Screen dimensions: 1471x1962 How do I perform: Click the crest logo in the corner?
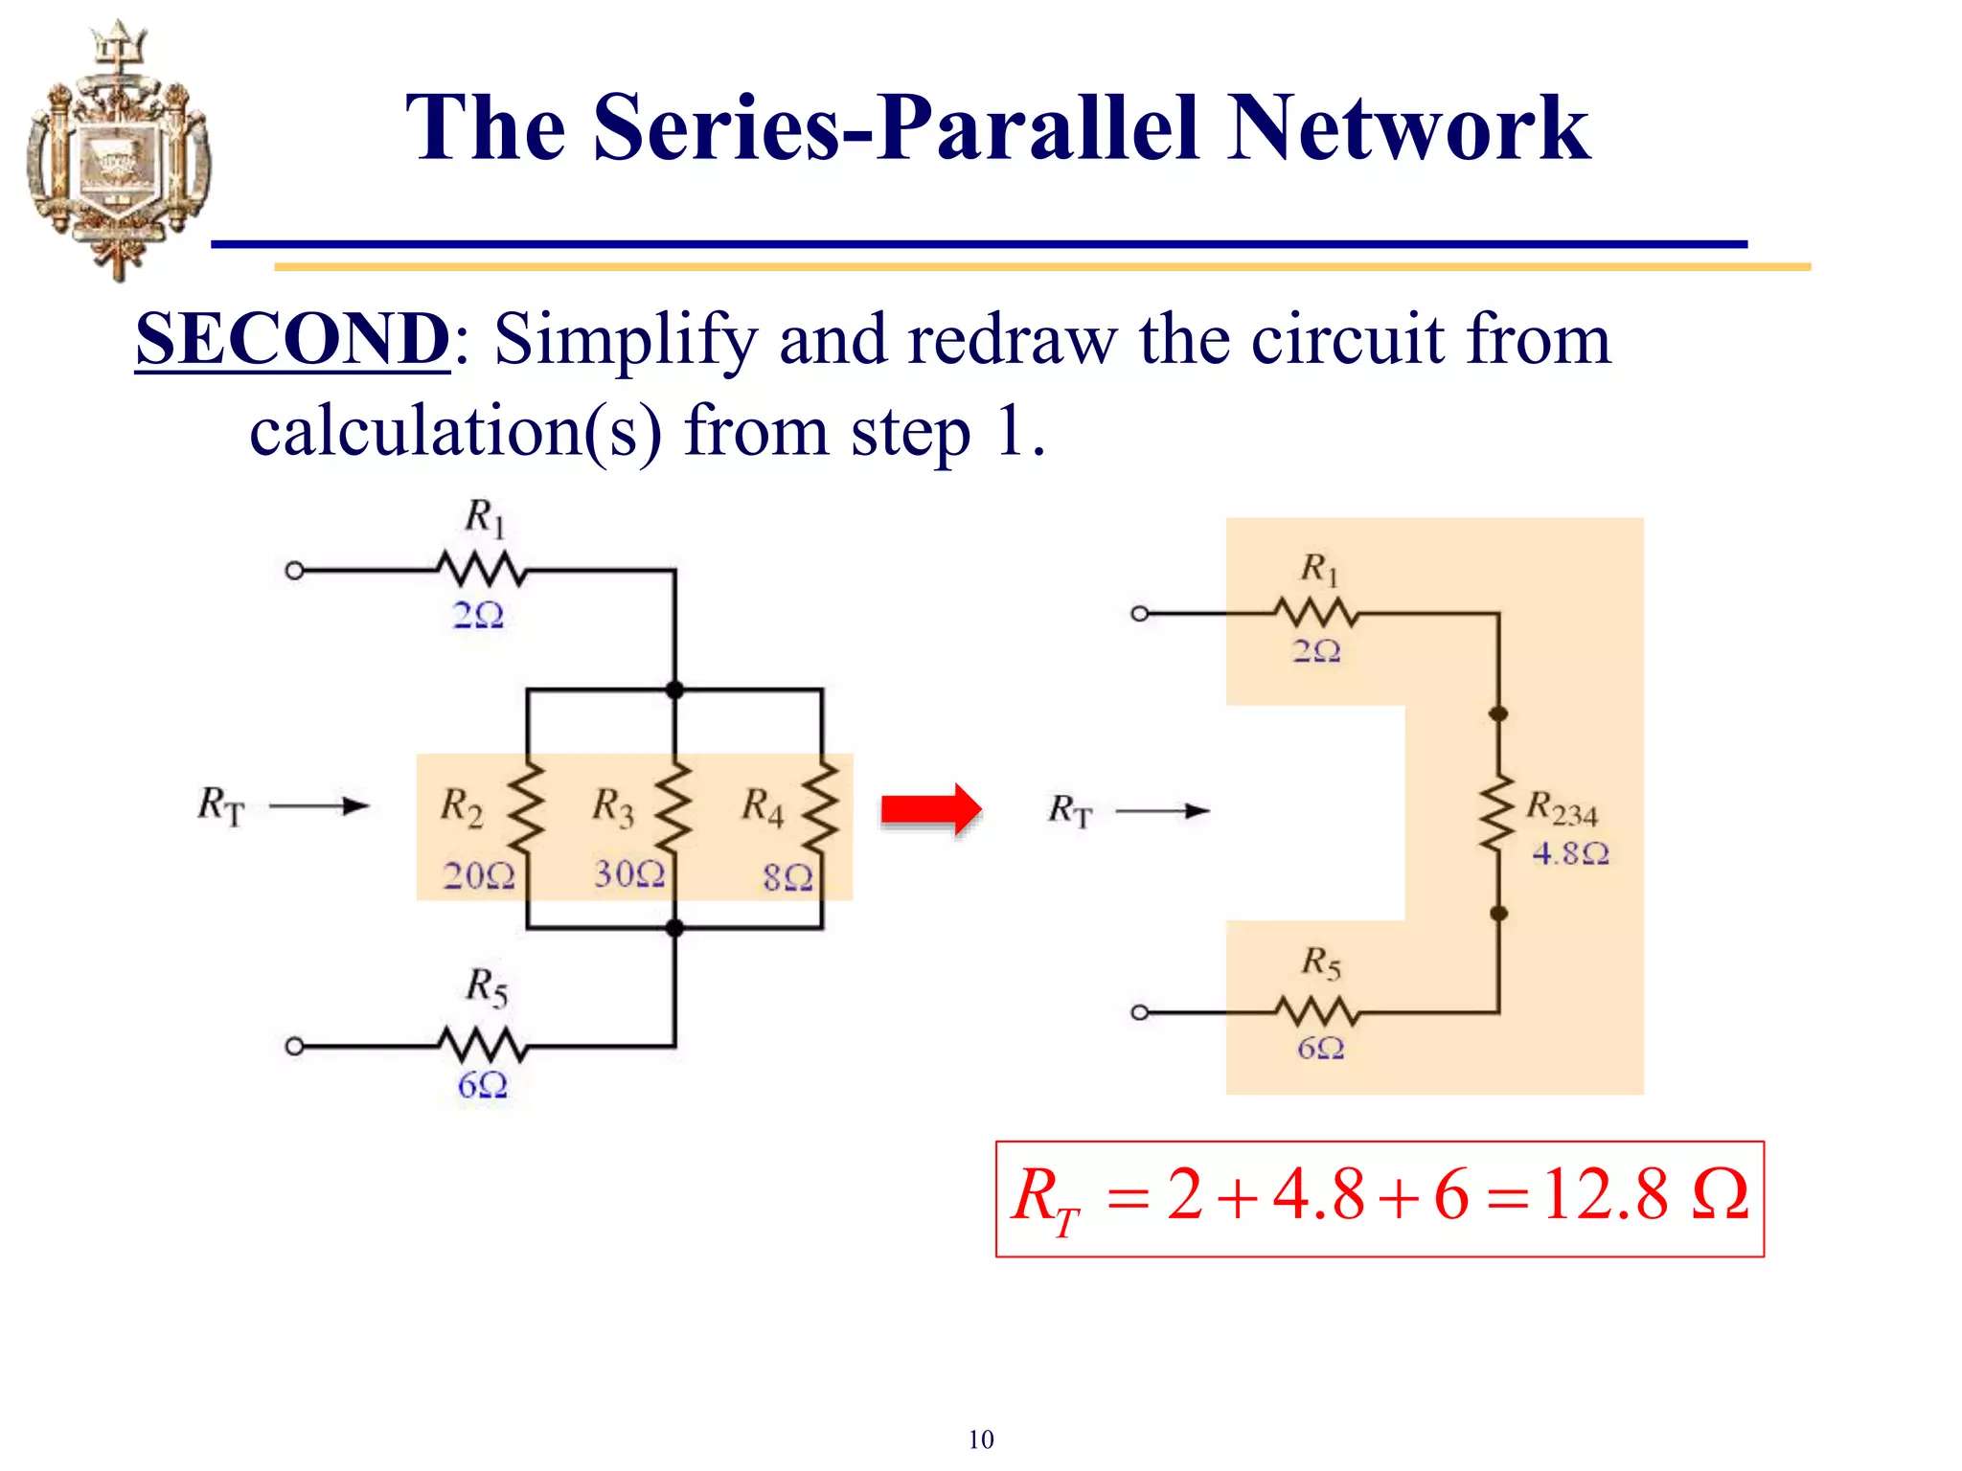117,150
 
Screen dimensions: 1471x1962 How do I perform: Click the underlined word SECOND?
291,339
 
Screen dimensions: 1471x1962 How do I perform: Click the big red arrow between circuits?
930,810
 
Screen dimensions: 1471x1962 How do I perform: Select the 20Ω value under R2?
478,875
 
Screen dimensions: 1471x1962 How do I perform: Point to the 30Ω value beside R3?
628,873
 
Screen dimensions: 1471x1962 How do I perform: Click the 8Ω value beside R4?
787,876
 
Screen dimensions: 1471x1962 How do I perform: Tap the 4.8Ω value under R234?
1569,853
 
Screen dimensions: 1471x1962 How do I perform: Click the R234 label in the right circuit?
1561,809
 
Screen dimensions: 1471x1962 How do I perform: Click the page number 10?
980,1439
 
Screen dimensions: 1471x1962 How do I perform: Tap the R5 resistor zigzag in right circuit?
1316,1011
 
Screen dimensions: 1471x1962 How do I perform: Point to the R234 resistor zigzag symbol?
1497,814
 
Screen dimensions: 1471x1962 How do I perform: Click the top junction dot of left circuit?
674,690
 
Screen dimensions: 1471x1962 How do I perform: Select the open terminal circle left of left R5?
295,1046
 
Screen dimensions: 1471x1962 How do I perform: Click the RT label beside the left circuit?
221,805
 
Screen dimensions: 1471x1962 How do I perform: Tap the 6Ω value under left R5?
482,1085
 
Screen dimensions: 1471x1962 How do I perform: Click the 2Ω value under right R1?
1316,651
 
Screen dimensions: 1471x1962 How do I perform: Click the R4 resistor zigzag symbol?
821,807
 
